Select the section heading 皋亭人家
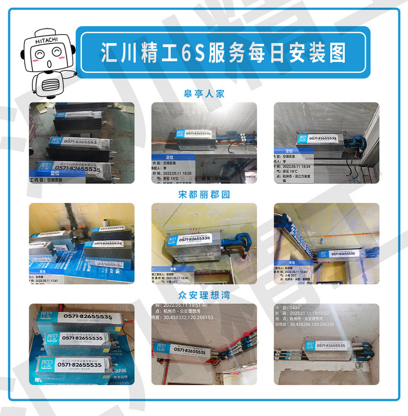[x=204, y=94]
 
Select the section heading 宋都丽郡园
[x=204, y=194]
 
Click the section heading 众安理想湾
[x=204, y=295]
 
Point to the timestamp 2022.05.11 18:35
[x=178, y=172]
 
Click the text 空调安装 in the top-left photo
[x=54, y=179]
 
